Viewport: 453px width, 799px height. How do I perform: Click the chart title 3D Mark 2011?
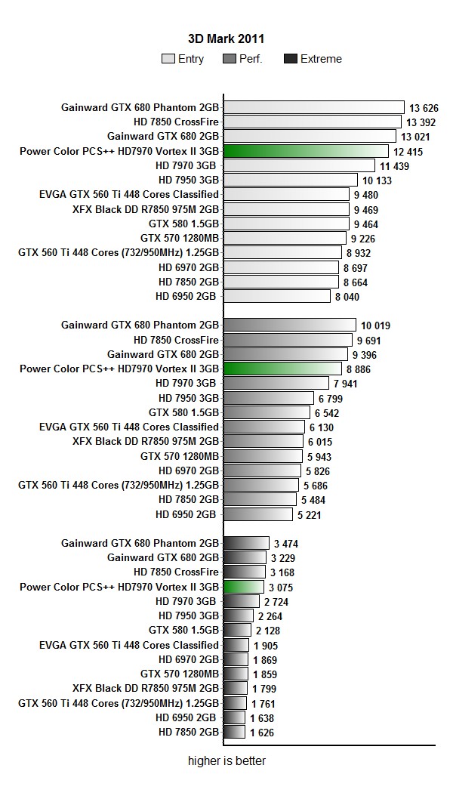pyautogui.click(x=226, y=39)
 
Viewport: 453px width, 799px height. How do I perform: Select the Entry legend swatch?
pyautogui.click(x=168, y=59)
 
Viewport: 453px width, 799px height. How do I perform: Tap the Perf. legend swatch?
pyautogui.click(x=230, y=59)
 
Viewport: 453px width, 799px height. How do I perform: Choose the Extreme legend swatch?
pyautogui.click(x=290, y=59)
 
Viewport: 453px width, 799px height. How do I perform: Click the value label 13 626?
pyautogui.click(x=424, y=108)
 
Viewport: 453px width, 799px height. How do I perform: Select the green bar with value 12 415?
pyautogui.click(x=307, y=151)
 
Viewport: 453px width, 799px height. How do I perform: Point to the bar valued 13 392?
pyautogui.click(x=313, y=122)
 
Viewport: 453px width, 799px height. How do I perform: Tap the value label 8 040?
pyautogui.click(x=348, y=298)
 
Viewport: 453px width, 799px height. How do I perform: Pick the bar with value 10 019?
pyautogui.click(x=290, y=325)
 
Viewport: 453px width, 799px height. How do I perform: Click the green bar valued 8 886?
pyautogui.click(x=283, y=369)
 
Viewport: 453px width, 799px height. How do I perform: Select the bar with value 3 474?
pyautogui.click(x=246, y=543)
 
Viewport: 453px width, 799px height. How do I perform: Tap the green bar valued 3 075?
pyautogui.click(x=244, y=587)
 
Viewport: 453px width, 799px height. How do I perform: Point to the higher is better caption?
pyautogui.click(x=226, y=761)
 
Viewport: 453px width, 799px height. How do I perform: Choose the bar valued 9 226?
pyautogui.click(x=285, y=238)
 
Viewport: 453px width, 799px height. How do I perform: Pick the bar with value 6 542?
pyautogui.click(x=267, y=412)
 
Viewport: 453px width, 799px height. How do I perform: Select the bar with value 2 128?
pyautogui.click(x=238, y=630)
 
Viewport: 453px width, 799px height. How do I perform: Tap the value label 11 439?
pyautogui.click(x=394, y=166)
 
